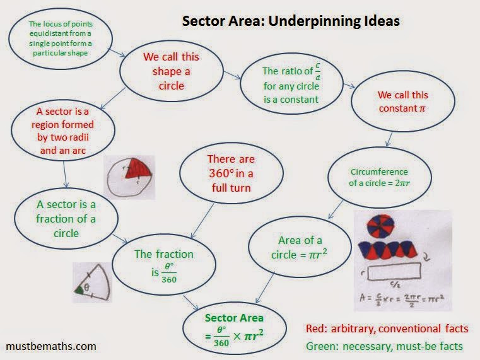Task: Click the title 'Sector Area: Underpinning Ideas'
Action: point(291,21)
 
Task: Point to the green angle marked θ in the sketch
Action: point(79,290)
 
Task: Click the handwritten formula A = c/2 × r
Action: point(402,298)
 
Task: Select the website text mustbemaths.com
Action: point(51,346)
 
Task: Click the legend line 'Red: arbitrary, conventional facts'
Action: point(387,328)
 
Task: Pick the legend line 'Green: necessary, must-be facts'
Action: point(385,346)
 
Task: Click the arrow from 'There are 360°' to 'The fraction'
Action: point(202,221)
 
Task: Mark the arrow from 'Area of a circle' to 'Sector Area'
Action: point(265,287)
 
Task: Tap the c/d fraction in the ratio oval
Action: point(317,72)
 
